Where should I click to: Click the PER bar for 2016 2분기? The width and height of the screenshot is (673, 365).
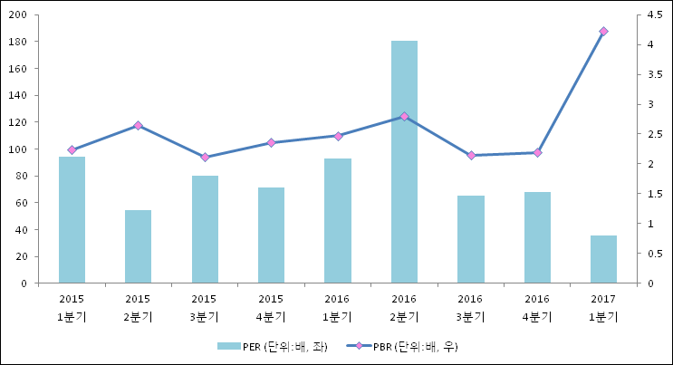pyautogui.click(x=404, y=162)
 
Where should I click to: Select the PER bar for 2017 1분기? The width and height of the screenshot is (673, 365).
pyautogui.click(x=603, y=259)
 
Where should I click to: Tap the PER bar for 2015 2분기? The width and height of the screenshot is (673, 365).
pyautogui.click(x=138, y=246)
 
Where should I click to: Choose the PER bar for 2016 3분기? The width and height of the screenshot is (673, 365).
pyautogui.click(x=470, y=239)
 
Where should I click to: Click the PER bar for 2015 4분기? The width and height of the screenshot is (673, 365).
pyautogui.click(x=271, y=235)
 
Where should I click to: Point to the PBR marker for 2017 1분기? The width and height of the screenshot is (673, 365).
pyautogui.click(x=603, y=32)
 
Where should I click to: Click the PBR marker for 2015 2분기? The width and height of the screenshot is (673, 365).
pyautogui.click(x=138, y=126)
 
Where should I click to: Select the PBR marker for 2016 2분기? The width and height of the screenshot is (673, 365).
pyautogui.click(x=404, y=117)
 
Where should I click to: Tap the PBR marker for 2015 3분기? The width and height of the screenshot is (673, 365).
pyautogui.click(x=205, y=158)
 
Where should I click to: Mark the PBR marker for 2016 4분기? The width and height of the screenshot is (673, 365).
pyautogui.click(x=537, y=153)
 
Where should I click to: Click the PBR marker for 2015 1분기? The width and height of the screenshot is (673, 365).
pyautogui.click(x=72, y=150)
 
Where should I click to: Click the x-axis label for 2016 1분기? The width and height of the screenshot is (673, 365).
pyautogui.click(x=337, y=307)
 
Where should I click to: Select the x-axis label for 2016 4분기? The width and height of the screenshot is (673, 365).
pyautogui.click(x=537, y=307)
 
